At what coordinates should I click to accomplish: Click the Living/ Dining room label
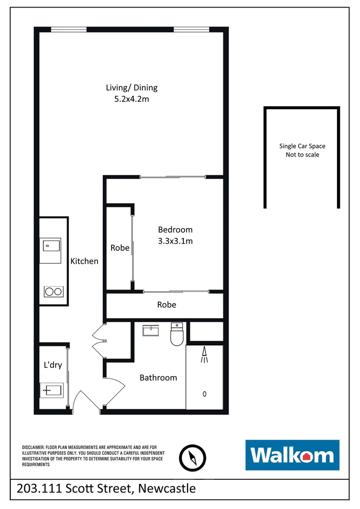pyautogui.click(x=131, y=88)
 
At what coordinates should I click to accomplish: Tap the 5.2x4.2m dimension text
pyautogui.click(x=131, y=99)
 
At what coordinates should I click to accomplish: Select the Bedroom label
pyautogui.click(x=175, y=230)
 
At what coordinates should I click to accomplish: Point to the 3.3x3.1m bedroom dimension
pyautogui.click(x=175, y=241)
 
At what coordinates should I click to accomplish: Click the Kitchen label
pyautogui.click(x=84, y=261)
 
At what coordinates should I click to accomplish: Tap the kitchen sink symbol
pyautogui.click(x=50, y=246)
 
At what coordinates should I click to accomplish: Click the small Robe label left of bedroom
pyautogui.click(x=120, y=247)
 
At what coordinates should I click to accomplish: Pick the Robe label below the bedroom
pyautogui.click(x=166, y=305)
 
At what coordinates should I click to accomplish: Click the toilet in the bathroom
pyautogui.click(x=176, y=334)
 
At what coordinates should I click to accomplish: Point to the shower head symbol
pyautogui.click(x=204, y=355)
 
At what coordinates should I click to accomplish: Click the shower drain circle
pyautogui.click(x=204, y=394)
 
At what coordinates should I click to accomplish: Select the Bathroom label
pyautogui.click(x=158, y=378)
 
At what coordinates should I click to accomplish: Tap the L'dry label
pyautogui.click(x=53, y=365)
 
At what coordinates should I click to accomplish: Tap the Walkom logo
pyautogui.click(x=292, y=455)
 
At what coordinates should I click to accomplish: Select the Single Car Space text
pyautogui.click(x=302, y=146)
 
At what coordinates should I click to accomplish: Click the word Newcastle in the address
pyautogui.click(x=168, y=488)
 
